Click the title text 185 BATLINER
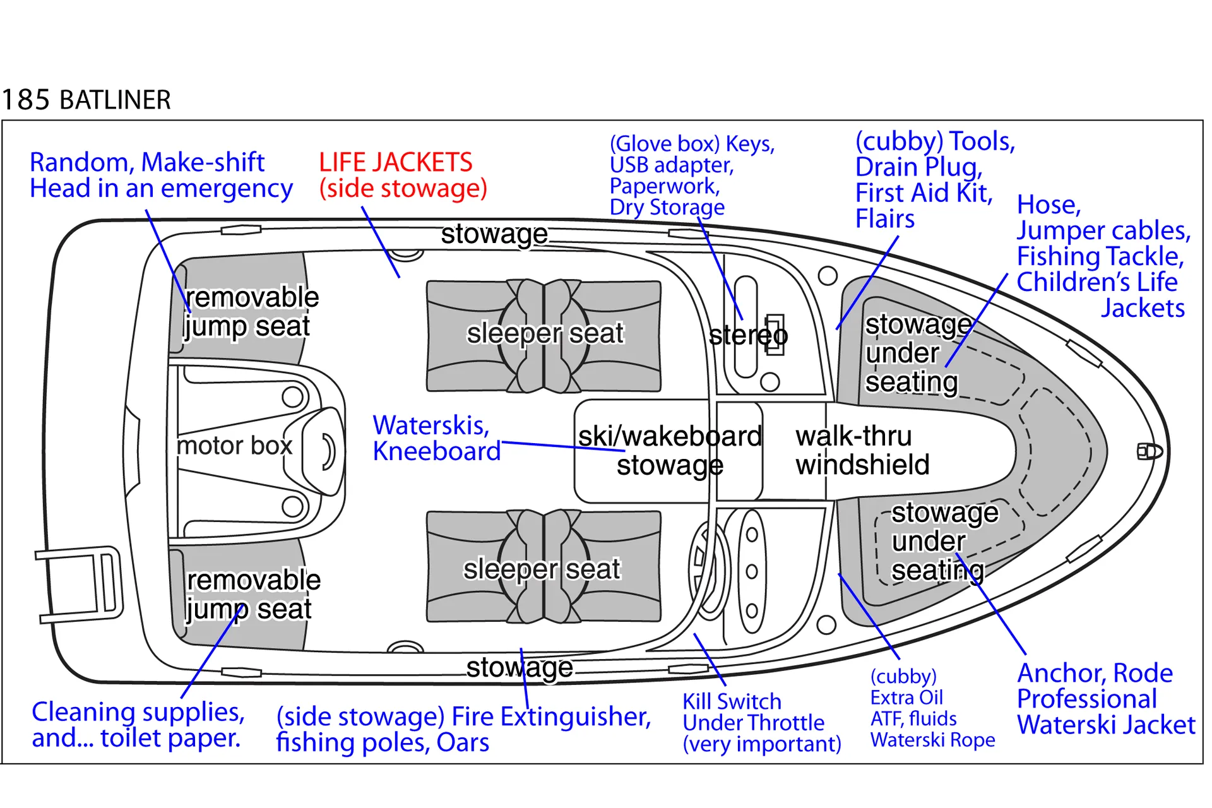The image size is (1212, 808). coord(86,100)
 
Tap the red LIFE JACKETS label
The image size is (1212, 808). coord(396,163)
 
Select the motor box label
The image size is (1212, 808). coord(234,446)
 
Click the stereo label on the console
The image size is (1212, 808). coord(748,335)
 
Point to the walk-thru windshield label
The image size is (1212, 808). coord(862,450)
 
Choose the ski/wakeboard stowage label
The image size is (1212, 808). coord(670,451)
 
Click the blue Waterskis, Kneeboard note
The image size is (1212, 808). coord(436,438)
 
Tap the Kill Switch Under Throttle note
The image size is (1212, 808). coord(761,723)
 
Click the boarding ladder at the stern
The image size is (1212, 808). coord(79,584)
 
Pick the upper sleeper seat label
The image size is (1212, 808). coord(545,333)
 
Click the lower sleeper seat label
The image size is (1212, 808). coord(542,569)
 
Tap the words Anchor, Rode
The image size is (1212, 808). coord(1095,674)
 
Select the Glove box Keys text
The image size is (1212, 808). coord(692,144)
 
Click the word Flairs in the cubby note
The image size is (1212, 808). coord(884,219)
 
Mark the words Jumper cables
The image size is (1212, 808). coord(1103,231)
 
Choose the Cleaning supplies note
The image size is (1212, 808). coord(138,725)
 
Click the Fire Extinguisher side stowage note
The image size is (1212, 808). coord(463,729)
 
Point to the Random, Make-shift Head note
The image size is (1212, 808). coord(161,175)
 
